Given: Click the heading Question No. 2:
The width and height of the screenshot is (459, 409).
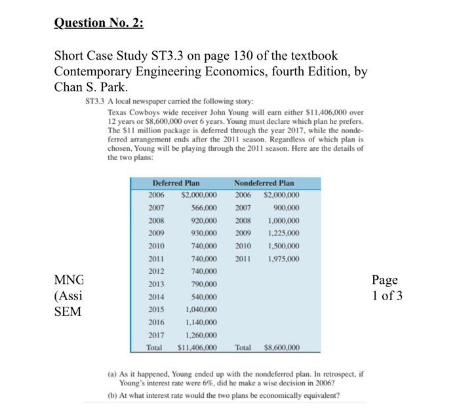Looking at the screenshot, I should [98, 23].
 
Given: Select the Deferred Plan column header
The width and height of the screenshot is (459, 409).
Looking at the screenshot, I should [176, 183].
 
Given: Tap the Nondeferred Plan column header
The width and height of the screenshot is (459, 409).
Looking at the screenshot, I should [264, 183].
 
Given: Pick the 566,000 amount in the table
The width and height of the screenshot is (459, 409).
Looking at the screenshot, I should [204, 207].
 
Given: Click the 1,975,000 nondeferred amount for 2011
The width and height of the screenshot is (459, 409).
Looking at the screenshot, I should [281, 258].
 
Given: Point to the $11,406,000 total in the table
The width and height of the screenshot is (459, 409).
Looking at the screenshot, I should [198, 347].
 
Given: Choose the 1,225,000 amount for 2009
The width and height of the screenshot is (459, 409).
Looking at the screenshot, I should [281, 233].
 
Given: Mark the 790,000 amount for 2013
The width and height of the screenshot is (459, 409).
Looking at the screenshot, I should [204, 284].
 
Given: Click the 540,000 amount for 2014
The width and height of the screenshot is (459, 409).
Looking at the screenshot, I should [204, 297].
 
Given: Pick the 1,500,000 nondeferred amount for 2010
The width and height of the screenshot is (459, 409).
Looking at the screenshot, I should [281, 245].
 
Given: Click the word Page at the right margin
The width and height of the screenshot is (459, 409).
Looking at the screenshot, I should [385, 280].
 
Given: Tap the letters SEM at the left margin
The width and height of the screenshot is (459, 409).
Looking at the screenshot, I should [67, 311].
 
